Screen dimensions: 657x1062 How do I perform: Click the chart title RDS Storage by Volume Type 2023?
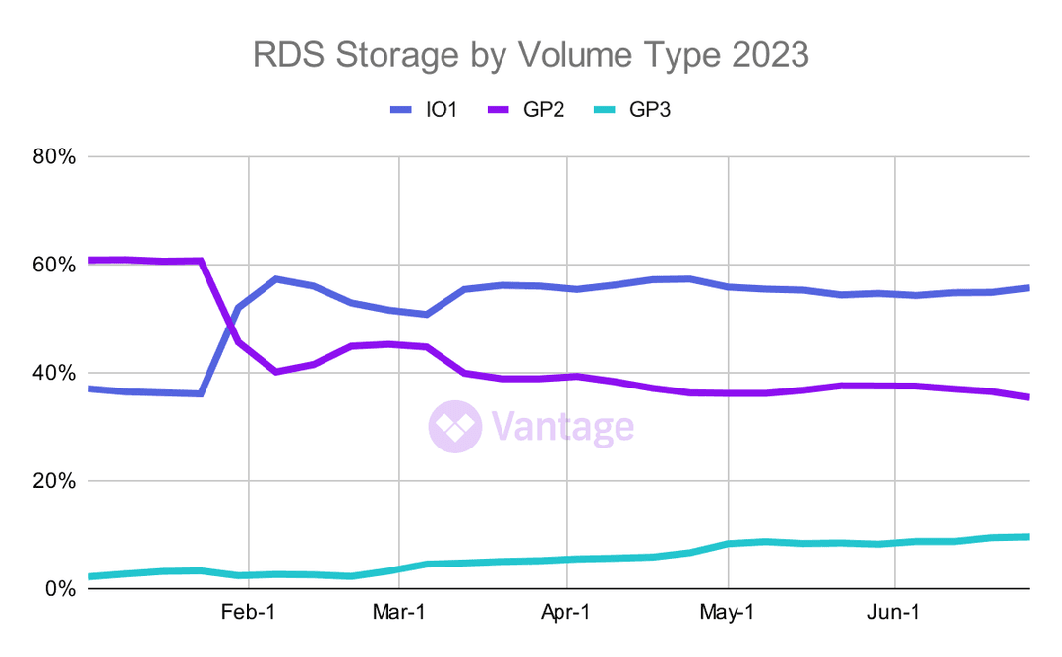click(x=531, y=55)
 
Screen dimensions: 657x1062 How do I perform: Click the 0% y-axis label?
click(x=59, y=589)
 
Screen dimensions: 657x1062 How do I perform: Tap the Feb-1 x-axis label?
click(x=248, y=612)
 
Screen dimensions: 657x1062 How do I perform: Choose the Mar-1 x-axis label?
click(x=399, y=612)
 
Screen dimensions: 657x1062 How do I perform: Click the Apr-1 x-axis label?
click(x=567, y=612)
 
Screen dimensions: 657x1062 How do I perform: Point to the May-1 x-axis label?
click(x=728, y=612)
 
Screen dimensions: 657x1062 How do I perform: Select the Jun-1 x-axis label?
click(x=895, y=612)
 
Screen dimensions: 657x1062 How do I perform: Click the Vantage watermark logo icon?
click(x=453, y=427)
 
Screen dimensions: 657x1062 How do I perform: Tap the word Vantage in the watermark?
click(x=562, y=427)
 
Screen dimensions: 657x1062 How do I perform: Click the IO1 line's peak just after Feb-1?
click(x=277, y=279)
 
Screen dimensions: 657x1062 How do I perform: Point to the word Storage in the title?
click(x=393, y=55)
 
